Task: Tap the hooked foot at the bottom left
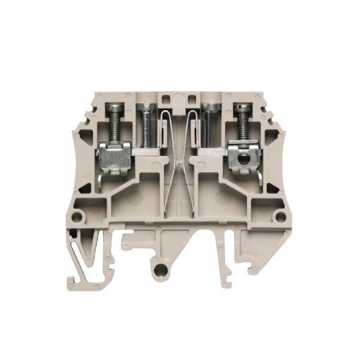pos(83,272)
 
